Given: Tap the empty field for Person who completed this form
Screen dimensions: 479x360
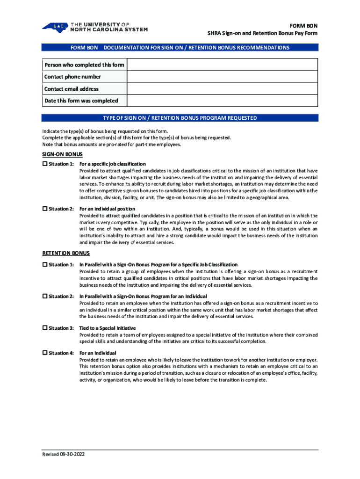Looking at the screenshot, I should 222,65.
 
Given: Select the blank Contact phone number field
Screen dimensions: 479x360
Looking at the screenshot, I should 222,77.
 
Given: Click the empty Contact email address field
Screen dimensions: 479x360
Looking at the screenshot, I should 222,89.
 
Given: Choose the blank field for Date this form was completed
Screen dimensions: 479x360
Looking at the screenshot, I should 222,101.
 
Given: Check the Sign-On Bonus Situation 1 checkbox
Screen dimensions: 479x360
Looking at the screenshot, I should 45,164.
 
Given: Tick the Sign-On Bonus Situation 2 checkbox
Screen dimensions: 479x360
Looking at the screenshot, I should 45,209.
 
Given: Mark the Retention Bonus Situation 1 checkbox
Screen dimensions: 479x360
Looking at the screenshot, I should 45,265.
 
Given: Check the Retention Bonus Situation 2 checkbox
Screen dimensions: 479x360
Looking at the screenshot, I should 45,297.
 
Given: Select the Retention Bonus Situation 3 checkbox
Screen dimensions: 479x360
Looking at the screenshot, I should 45,328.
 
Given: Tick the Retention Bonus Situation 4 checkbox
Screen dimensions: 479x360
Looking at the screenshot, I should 45,353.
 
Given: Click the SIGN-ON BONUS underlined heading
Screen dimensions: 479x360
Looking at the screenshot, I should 63,154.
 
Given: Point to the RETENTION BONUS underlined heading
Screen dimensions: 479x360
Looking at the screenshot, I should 66,253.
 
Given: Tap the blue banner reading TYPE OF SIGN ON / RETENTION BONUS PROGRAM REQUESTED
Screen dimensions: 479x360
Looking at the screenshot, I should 180,118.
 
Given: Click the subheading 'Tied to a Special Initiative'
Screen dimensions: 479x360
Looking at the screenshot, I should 108,328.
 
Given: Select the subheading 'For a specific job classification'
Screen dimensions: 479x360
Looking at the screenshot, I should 113,164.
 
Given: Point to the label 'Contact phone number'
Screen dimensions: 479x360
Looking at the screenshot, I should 72,77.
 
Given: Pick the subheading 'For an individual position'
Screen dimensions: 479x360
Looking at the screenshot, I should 108,209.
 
